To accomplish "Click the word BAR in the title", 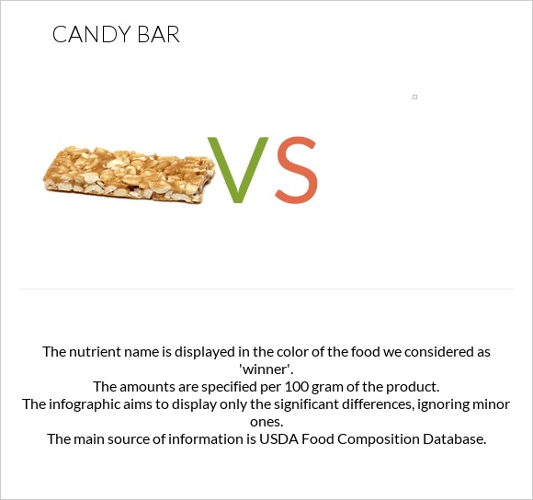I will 157,36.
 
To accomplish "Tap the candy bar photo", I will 130,172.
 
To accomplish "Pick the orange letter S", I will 296,171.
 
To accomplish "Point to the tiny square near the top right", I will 414,97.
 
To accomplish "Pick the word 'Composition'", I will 382,438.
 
